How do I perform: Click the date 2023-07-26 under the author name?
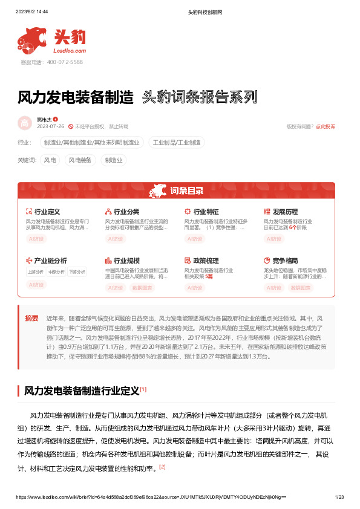pos(50,127)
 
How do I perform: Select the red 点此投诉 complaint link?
pos(325,127)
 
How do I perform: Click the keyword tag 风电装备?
pos(80,160)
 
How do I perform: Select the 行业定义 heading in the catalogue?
pos(47,212)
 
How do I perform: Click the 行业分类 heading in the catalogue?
pos(126,212)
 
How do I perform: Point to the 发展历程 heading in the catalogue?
pos(286,212)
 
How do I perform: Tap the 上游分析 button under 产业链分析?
pos(35,272)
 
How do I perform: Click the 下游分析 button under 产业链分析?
pos(77,272)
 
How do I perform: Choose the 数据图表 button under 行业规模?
pos(142,288)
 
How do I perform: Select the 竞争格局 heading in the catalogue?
pos(286,261)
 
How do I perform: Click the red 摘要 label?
pos(31,318)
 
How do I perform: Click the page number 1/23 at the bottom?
pos(339,497)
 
